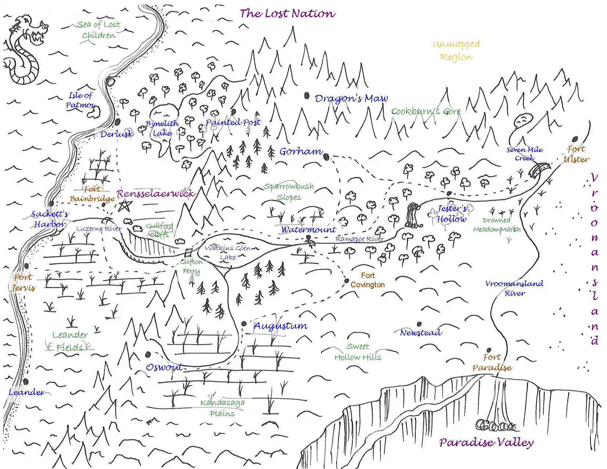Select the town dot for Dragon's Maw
[307, 96]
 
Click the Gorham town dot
[326, 157]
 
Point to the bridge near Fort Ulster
[540, 170]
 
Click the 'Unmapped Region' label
[456, 50]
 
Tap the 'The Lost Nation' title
[287, 14]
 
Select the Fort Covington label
[368, 280]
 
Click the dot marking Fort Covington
[347, 281]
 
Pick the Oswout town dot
[148, 355]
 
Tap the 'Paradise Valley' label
[486, 443]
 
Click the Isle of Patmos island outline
[93, 113]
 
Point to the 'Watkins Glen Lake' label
[228, 253]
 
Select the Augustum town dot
[244, 324]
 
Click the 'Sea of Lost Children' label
[99, 30]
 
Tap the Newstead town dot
[419, 324]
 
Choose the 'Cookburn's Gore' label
[426, 111]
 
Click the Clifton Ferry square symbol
[188, 253]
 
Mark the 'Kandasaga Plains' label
[223, 408]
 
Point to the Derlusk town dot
[118, 122]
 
